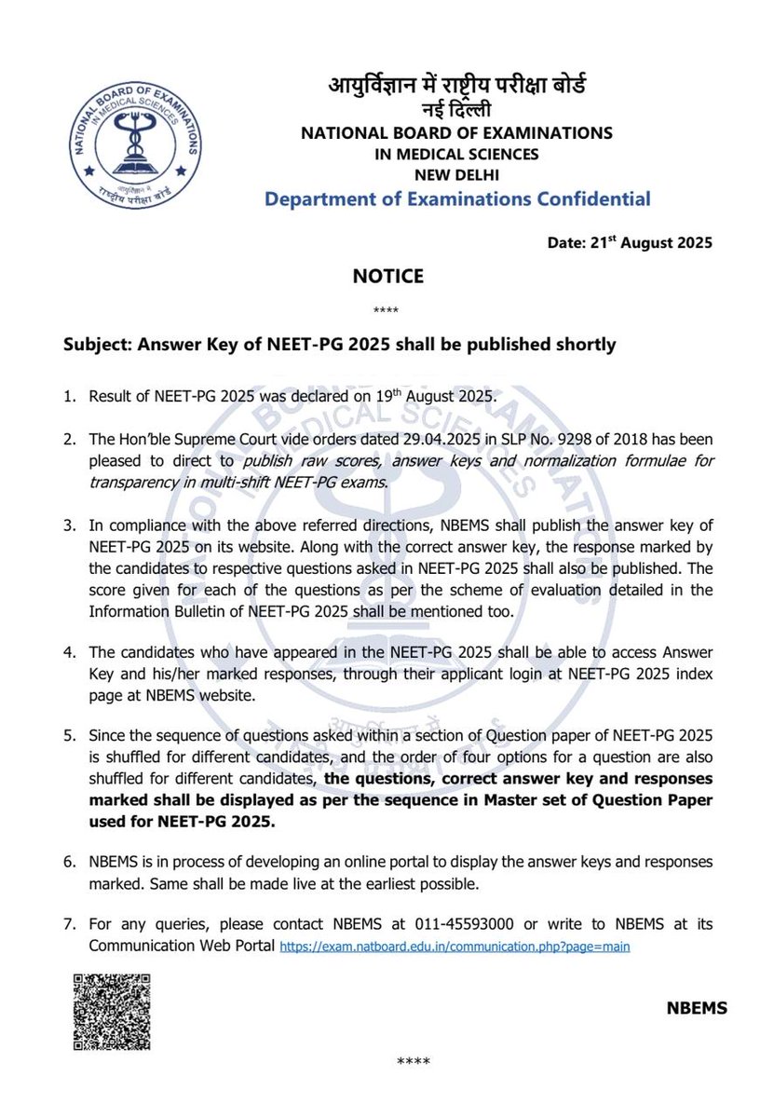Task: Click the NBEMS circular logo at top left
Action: [x=126, y=134]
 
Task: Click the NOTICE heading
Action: [x=387, y=276]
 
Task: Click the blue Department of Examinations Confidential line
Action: [x=457, y=198]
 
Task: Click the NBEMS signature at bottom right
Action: [x=697, y=1008]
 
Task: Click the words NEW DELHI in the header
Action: [x=456, y=174]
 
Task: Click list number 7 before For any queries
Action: [x=69, y=925]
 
